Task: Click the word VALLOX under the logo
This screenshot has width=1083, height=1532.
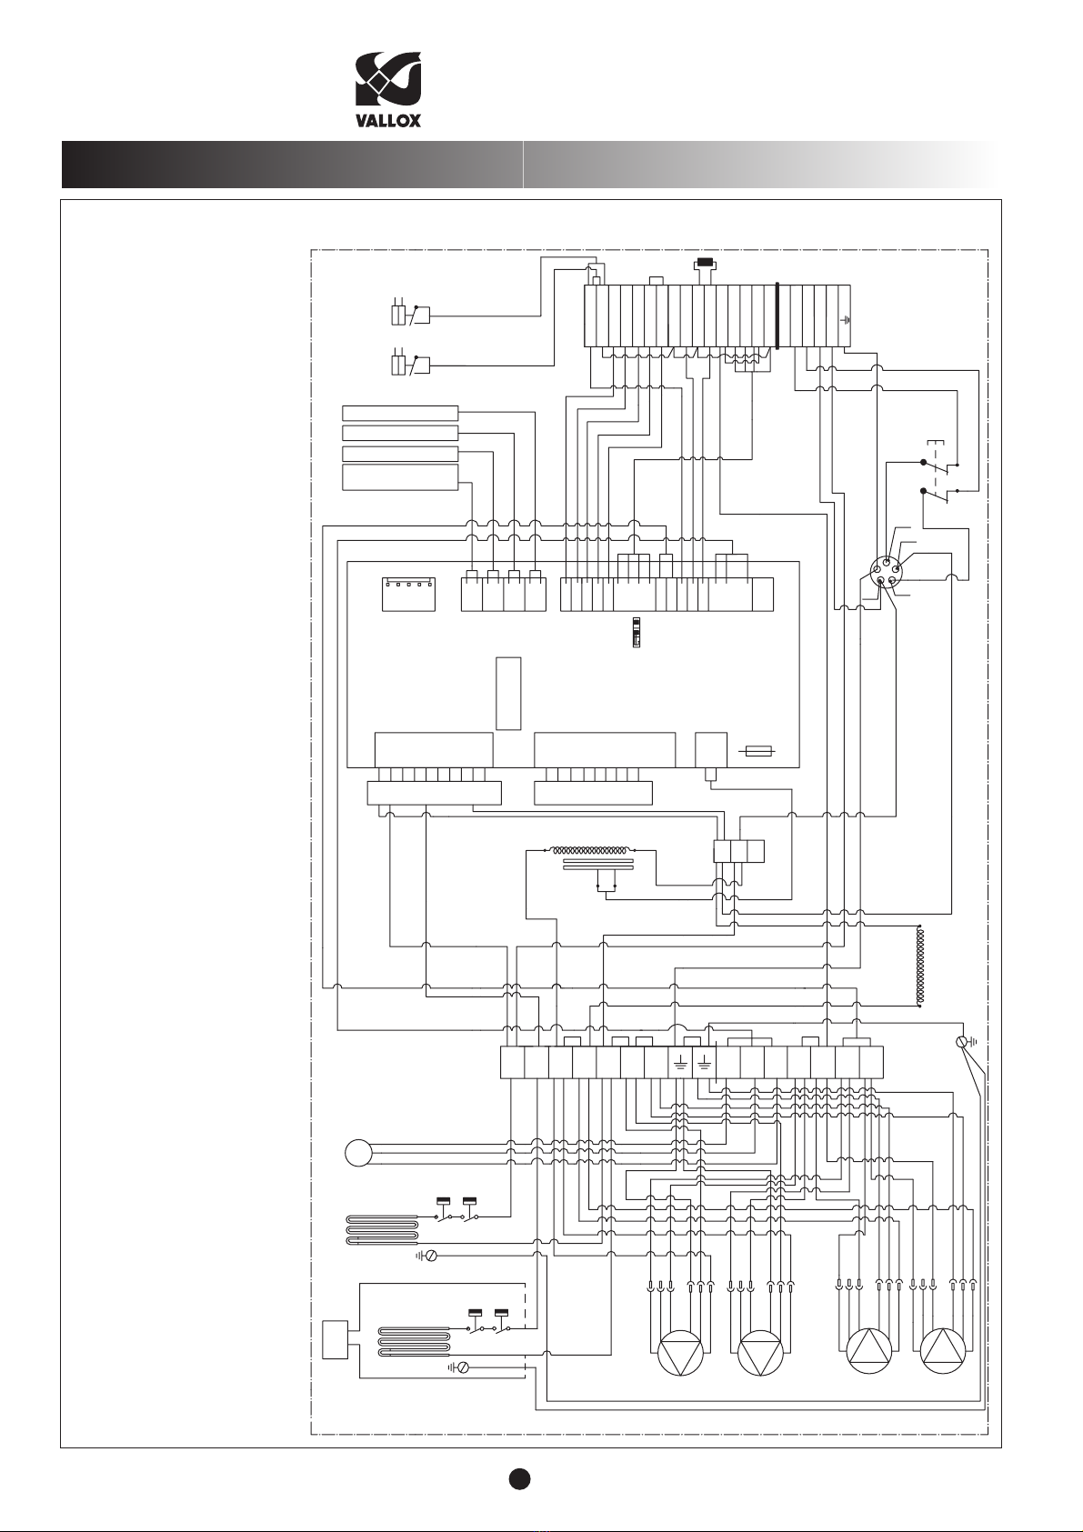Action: click(x=388, y=120)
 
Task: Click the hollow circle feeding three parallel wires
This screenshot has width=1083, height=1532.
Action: click(x=358, y=1153)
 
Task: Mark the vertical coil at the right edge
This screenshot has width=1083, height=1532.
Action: click(x=918, y=966)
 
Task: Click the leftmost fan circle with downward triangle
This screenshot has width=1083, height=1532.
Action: click(x=680, y=1354)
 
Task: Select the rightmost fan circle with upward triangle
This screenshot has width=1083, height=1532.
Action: click(x=943, y=1351)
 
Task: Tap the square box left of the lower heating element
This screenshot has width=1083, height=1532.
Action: click(x=335, y=1340)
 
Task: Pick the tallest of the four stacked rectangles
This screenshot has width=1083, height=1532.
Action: click(x=399, y=476)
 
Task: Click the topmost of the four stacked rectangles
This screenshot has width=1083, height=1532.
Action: click(x=399, y=413)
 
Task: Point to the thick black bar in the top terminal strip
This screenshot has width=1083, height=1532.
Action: click(x=777, y=316)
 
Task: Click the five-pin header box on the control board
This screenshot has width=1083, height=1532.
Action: click(x=407, y=595)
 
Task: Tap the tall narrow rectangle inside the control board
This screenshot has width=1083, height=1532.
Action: click(x=508, y=694)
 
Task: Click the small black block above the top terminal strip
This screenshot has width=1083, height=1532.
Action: click(x=704, y=262)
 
